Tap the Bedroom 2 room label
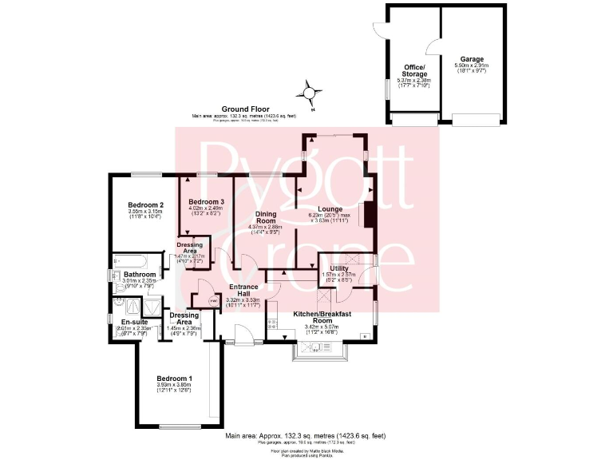coord(146,204)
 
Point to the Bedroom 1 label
coord(174,378)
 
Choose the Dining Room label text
coord(266,217)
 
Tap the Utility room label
coord(339,268)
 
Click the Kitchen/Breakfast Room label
coord(322,317)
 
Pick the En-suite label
coord(124,321)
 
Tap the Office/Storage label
coord(413,70)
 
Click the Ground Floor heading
coord(244,109)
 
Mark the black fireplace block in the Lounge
coord(368,216)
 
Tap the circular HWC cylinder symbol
coord(213,300)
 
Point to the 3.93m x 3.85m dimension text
coord(174,385)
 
